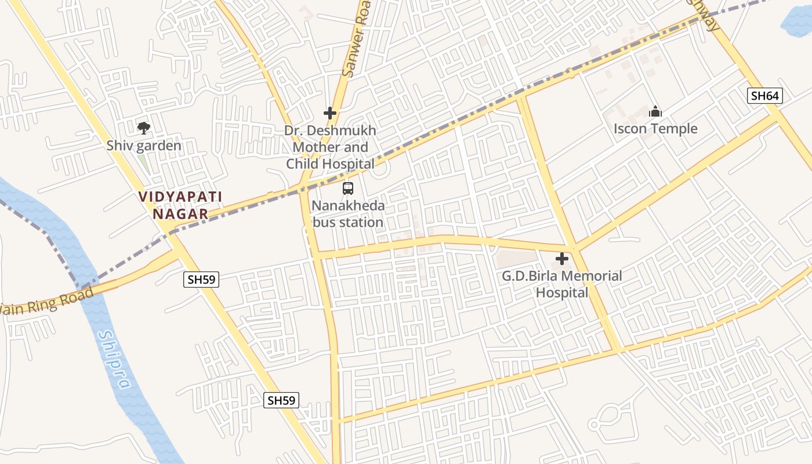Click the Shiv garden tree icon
pyautogui.click(x=143, y=128)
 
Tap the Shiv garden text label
pyautogui.click(x=144, y=146)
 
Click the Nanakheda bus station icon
pyautogui.click(x=348, y=188)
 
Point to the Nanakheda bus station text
pyautogui.click(x=348, y=214)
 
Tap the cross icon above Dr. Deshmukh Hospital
pyautogui.click(x=330, y=113)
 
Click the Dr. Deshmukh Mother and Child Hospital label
pyautogui.click(x=330, y=147)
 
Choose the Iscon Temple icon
pyautogui.click(x=655, y=111)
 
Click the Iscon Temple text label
pyautogui.click(x=655, y=129)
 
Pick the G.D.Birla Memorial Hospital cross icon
pyautogui.click(x=562, y=259)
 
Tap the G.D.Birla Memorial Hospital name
pyautogui.click(x=561, y=284)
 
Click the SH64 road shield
pyautogui.click(x=764, y=96)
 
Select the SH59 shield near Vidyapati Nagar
pyautogui.click(x=201, y=280)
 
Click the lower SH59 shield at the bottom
pyautogui.click(x=281, y=400)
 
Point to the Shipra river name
pyautogui.click(x=115, y=360)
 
